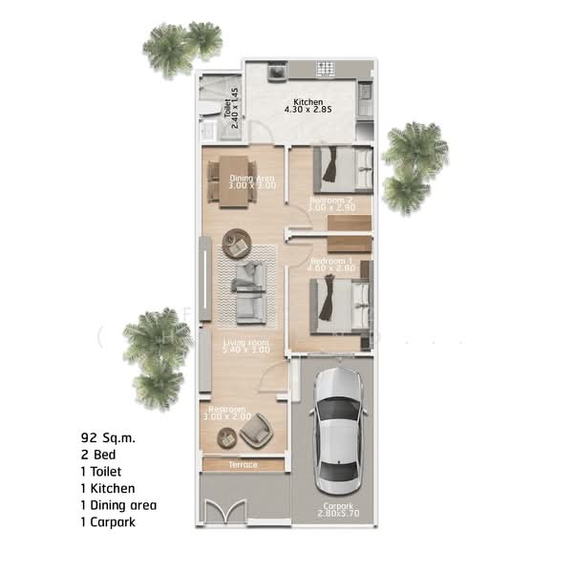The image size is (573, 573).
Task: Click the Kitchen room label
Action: coord(308,102)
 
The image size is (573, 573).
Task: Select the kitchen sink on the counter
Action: coord(277,71)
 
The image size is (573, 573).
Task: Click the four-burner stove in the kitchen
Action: coord(325,70)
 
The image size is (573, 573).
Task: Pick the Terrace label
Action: coord(243,465)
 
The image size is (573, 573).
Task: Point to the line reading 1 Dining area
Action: coord(118,504)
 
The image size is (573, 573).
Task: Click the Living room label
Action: coord(245,342)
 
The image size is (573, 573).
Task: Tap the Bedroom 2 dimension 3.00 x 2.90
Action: coord(332,207)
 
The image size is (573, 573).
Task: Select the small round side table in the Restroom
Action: coord(226,436)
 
